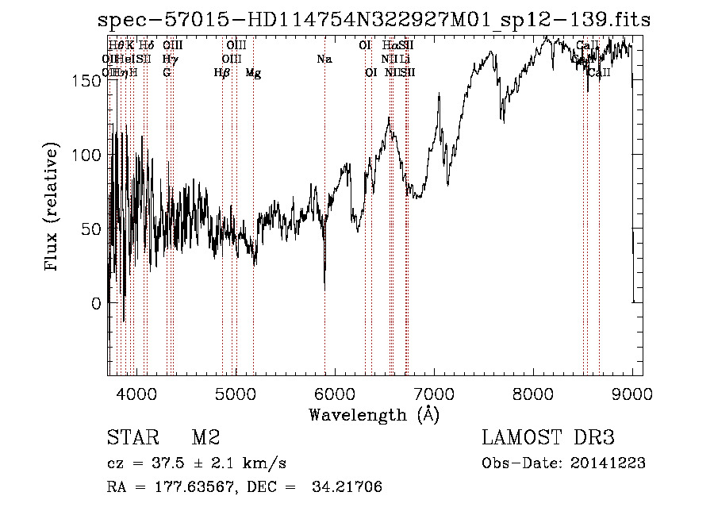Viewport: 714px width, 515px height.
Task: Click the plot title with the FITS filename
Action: pyautogui.click(x=372, y=21)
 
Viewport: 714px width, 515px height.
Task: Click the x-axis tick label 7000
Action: pyautogui.click(x=435, y=392)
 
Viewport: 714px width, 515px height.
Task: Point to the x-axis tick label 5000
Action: pyautogui.click(x=235, y=392)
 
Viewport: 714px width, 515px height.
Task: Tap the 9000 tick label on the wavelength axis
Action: pyautogui.click(x=633, y=392)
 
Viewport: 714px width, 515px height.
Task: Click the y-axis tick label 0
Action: pyautogui.click(x=96, y=303)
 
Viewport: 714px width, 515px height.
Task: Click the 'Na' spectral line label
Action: pyautogui.click(x=324, y=59)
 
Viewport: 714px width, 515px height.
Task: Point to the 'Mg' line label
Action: pyautogui.click(x=253, y=73)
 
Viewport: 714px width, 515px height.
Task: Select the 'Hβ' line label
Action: pyautogui.click(x=222, y=73)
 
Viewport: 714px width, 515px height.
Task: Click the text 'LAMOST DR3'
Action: pyautogui.click(x=548, y=438)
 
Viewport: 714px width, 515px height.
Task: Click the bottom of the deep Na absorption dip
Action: pyautogui.click(x=324, y=289)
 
